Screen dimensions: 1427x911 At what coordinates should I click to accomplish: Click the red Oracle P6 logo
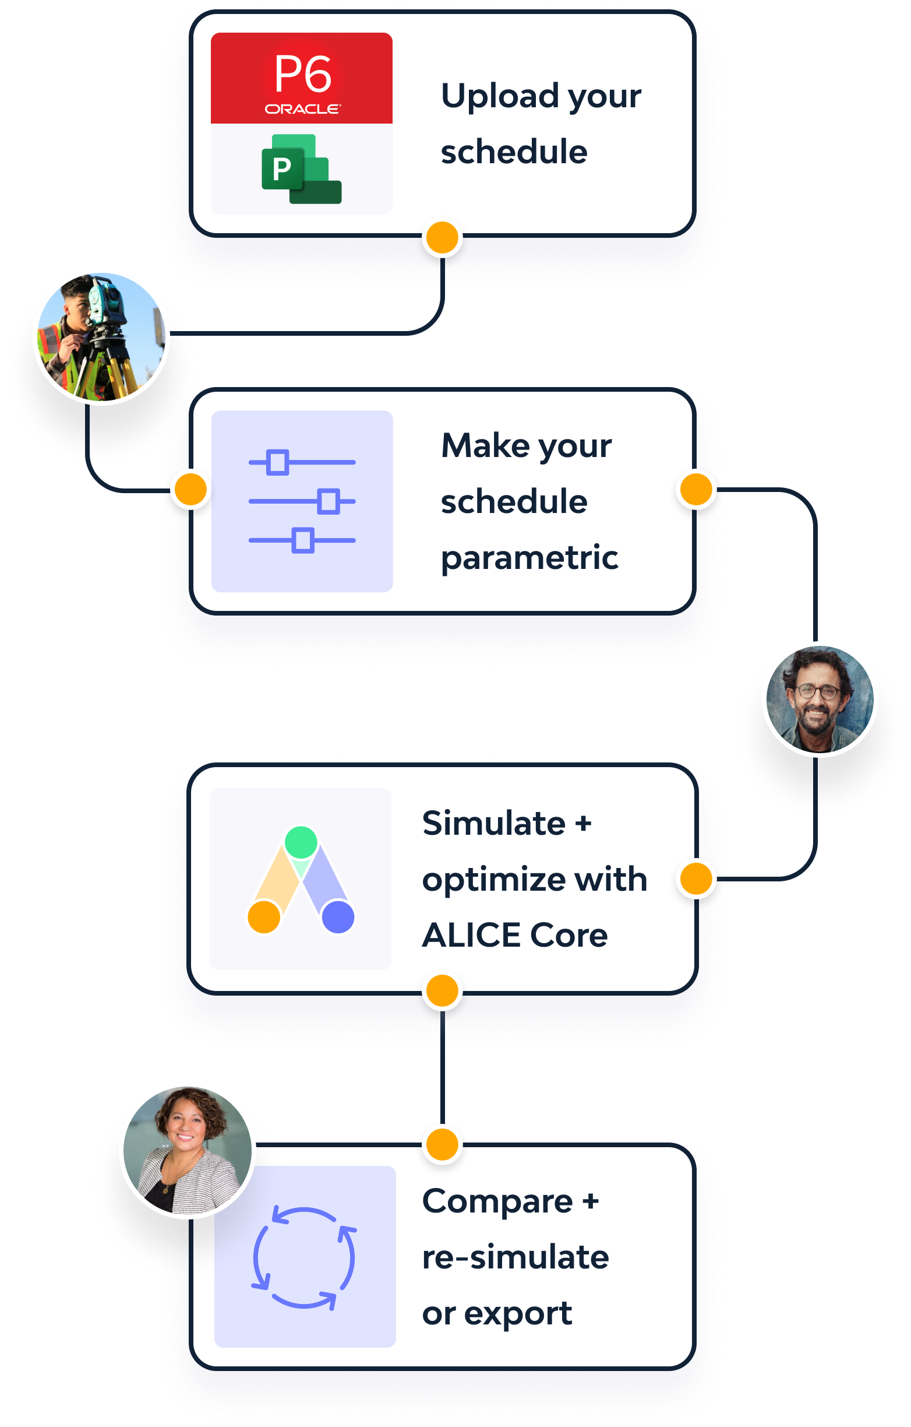pyautogui.click(x=302, y=78)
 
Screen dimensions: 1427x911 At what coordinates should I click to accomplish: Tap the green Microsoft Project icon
pyautogui.click(x=301, y=170)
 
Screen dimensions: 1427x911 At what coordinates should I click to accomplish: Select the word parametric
pyautogui.click(x=529, y=558)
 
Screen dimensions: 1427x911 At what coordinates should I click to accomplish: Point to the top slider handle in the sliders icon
pyautogui.click(x=277, y=462)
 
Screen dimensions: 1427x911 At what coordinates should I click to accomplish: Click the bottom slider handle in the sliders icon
pyautogui.click(x=303, y=540)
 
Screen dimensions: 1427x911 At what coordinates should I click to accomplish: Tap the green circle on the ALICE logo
pyautogui.click(x=301, y=842)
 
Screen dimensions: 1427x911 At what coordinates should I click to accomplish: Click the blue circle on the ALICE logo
pyautogui.click(x=338, y=917)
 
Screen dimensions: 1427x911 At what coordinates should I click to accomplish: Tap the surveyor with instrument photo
pyautogui.click(x=101, y=336)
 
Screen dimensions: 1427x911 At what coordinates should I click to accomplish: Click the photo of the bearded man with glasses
pyautogui.click(x=819, y=700)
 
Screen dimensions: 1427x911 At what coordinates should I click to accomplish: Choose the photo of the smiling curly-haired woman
pyautogui.click(x=187, y=1150)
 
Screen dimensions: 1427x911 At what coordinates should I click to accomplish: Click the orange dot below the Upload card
pyautogui.click(x=442, y=238)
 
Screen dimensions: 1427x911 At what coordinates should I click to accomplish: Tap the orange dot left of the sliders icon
pyautogui.click(x=190, y=490)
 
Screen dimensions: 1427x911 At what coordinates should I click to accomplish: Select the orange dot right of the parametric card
pyautogui.click(x=696, y=490)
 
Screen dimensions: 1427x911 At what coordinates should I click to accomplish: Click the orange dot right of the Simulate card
pyautogui.click(x=696, y=879)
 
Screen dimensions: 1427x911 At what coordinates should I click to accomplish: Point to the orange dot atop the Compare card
pyautogui.click(x=442, y=1144)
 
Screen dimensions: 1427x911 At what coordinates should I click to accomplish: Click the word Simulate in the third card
pyautogui.click(x=493, y=823)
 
